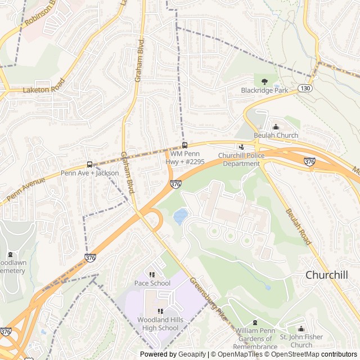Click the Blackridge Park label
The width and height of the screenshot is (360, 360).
pyautogui.click(x=264, y=90)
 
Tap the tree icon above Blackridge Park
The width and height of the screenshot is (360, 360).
pyautogui.click(x=264, y=81)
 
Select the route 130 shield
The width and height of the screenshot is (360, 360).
pyautogui.click(x=304, y=88)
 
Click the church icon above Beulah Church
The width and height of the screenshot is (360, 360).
pyautogui.click(x=276, y=127)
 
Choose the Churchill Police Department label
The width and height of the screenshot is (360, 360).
pyautogui.click(x=239, y=159)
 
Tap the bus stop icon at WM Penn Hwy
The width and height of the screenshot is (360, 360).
pyautogui.click(x=184, y=145)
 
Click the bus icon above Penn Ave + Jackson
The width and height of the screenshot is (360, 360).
pyautogui.click(x=89, y=165)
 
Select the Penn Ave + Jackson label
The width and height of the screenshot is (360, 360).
pyautogui.click(x=90, y=173)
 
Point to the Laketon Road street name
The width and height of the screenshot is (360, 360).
pyautogui.click(x=44, y=86)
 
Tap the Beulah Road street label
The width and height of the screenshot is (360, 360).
pyautogui.click(x=298, y=226)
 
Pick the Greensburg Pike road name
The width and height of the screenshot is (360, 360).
pyautogui.click(x=208, y=299)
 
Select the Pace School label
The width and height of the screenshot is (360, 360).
pyautogui.click(x=152, y=283)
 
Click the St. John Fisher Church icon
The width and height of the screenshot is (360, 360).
pyautogui.click(x=300, y=329)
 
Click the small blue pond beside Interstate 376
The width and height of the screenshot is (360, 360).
pyautogui.click(x=180, y=216)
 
